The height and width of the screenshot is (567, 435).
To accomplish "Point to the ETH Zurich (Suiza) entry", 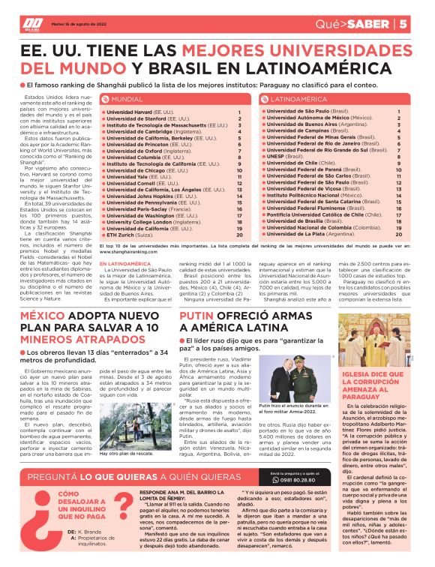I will (130, 235).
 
